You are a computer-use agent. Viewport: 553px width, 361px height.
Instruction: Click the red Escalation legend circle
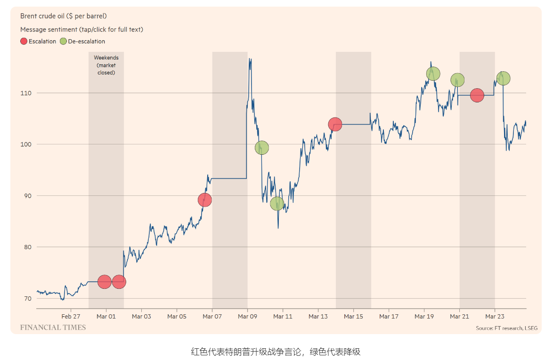point(24,41)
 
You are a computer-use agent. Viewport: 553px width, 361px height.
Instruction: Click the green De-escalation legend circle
point(64,41)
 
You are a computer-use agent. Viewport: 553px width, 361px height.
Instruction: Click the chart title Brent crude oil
point(64,16)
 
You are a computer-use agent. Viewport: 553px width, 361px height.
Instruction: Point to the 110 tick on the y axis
point(25,93)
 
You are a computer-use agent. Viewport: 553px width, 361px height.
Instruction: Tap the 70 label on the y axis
point(27,299)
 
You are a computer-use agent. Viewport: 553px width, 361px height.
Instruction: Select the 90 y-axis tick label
point(27,196)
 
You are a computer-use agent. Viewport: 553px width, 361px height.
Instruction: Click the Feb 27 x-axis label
point(70,317)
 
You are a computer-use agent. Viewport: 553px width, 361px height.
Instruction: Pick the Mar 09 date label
point(247,317)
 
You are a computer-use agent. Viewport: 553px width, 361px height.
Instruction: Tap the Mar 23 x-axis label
point(494,317)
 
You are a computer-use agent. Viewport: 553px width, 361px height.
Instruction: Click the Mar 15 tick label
point(353,317)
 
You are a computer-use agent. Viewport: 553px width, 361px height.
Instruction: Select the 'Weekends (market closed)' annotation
point(106,65)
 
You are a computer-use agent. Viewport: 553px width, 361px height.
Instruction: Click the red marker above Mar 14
point(335,125)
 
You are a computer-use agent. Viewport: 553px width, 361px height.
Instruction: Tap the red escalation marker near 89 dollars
point(204,200)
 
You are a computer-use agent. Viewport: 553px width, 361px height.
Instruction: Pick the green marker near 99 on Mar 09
point(262,148)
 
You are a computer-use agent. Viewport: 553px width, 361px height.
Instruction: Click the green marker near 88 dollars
point(277,203)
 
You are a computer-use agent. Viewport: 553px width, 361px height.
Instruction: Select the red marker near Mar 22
point(477,95)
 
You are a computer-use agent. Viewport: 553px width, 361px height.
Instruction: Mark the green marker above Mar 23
point(503,78)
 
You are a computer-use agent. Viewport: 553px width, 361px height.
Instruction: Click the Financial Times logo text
point(53,327)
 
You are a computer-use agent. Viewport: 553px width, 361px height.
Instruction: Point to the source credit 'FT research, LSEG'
point(506,328)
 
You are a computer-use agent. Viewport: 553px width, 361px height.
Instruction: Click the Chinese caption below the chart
point(276,352)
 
